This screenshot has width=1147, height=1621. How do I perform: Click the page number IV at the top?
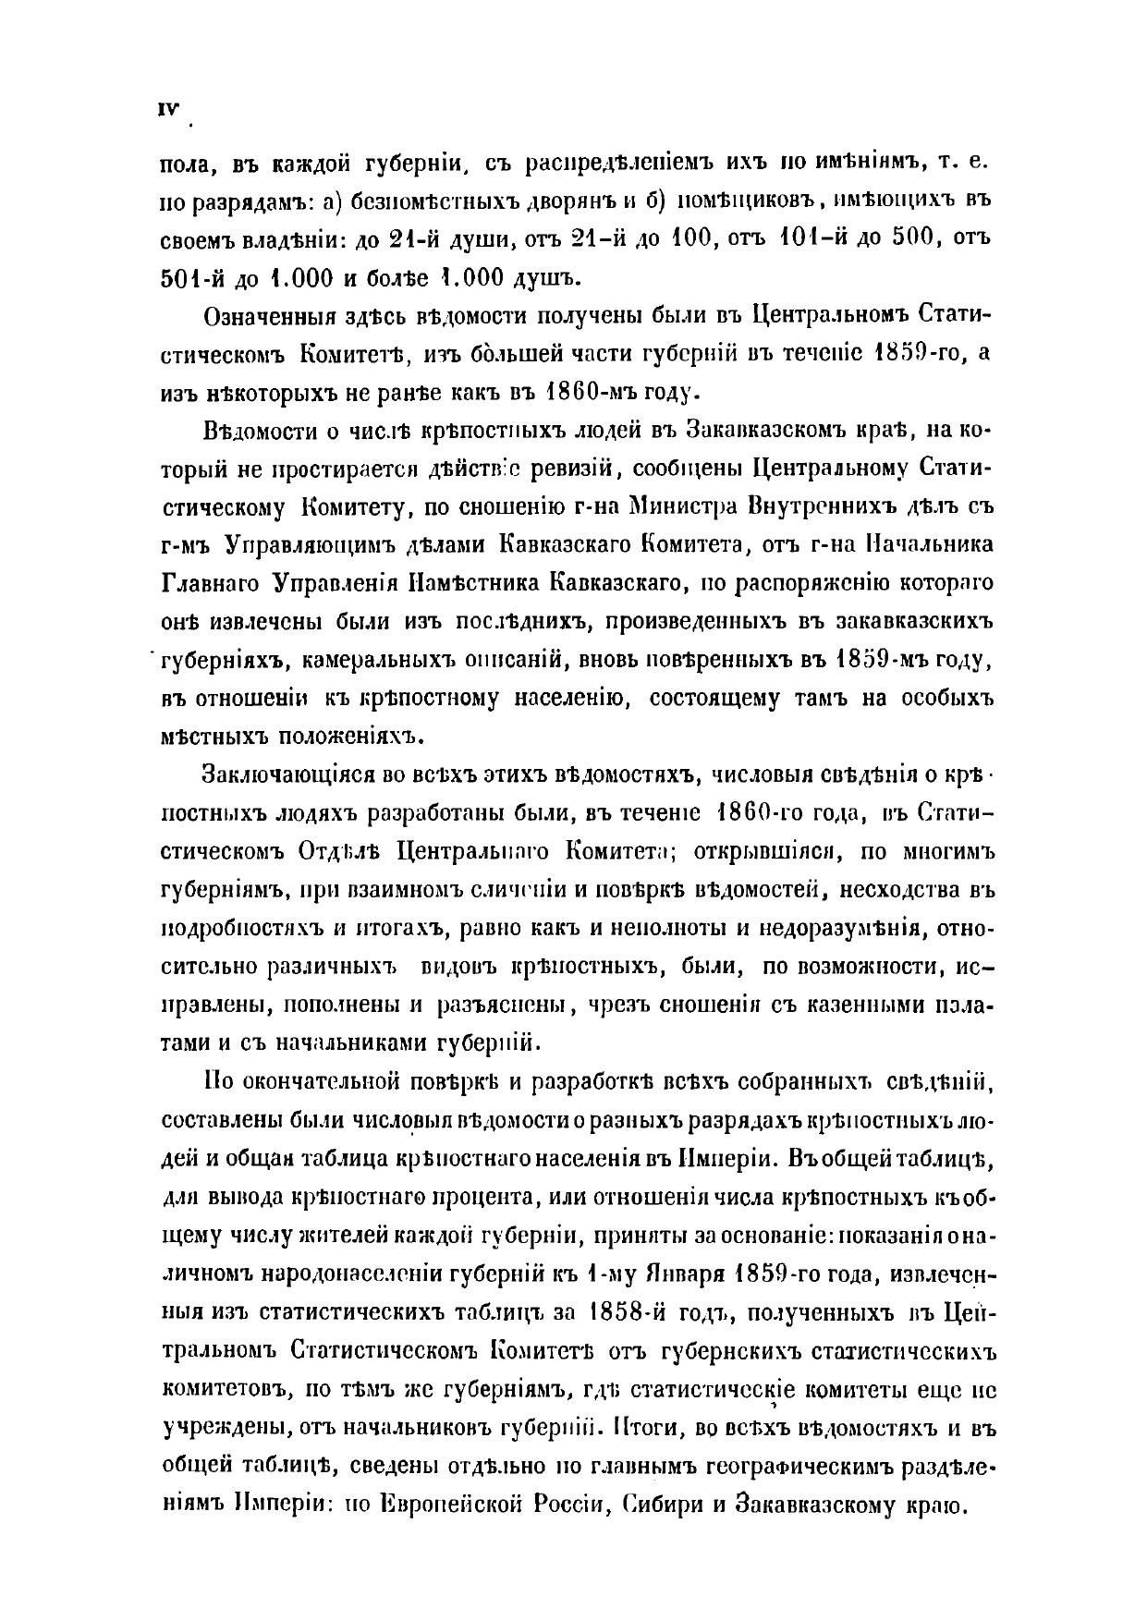pyautogui.click(x=168, y=108)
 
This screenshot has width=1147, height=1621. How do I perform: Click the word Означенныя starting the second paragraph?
pyautogui.click(x=274, y=315)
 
